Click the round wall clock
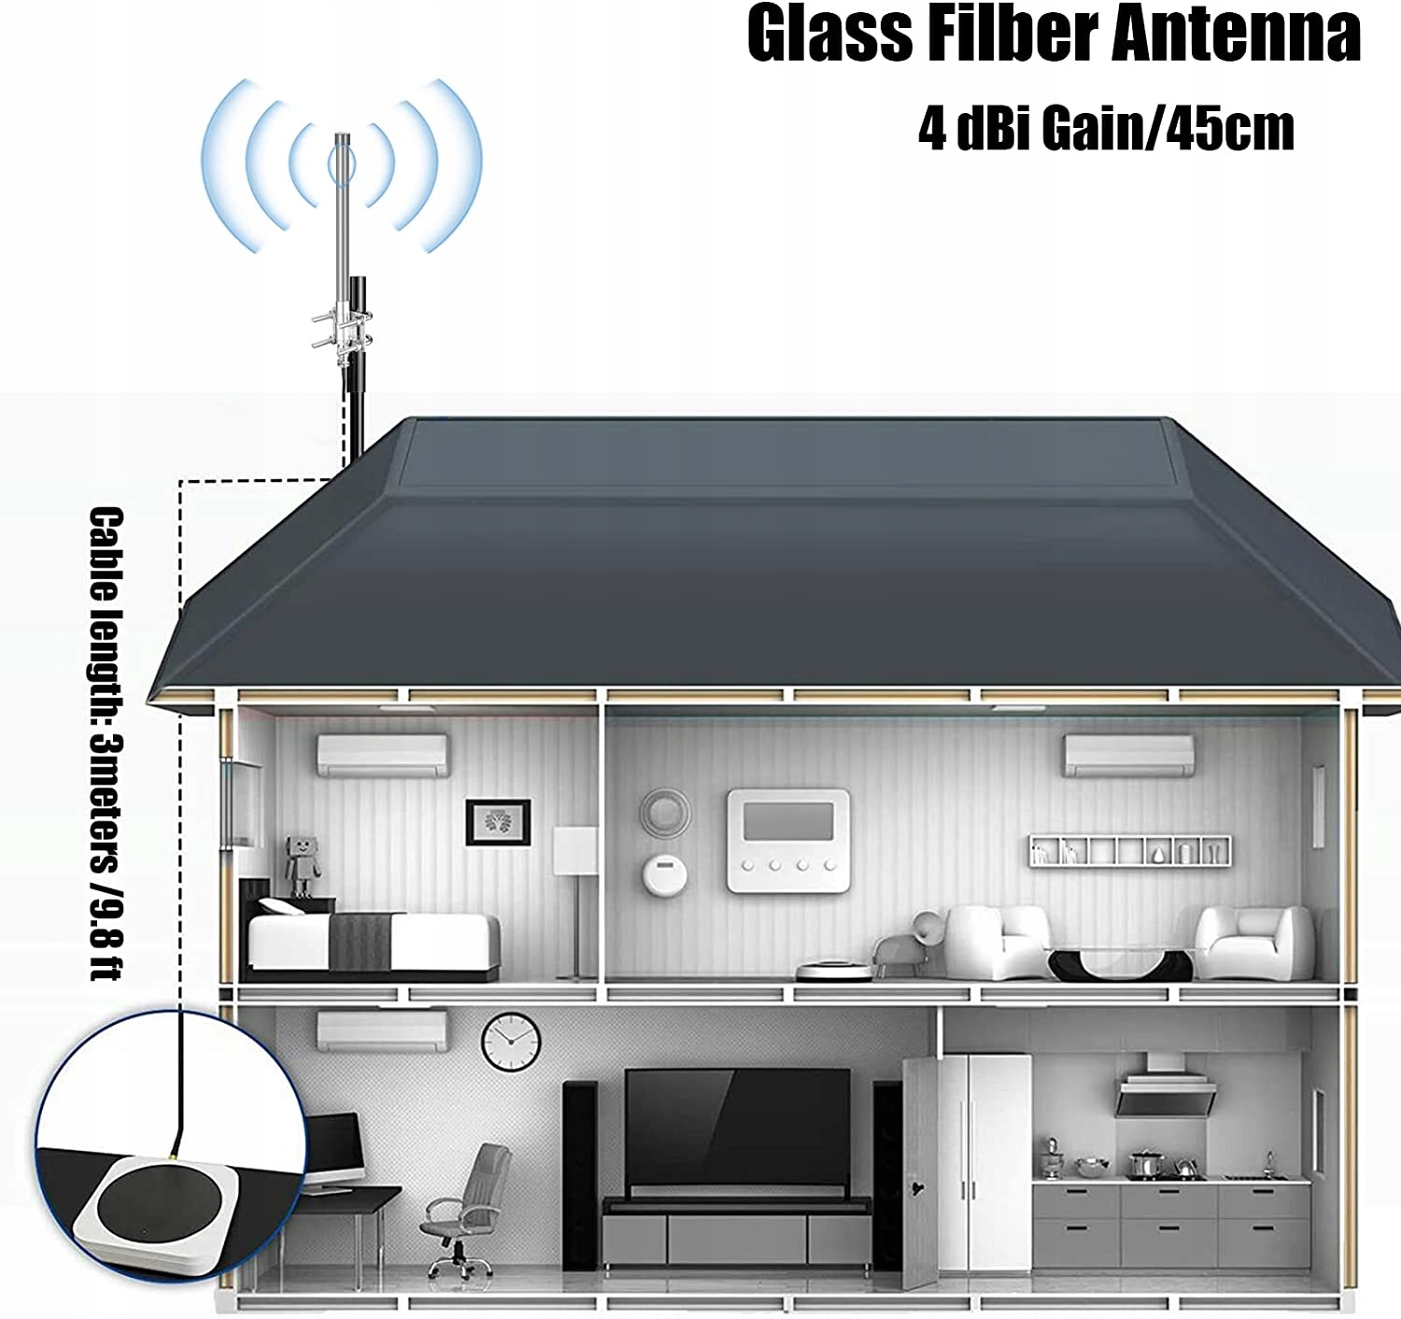[511, 1042]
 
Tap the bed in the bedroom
[374, 938]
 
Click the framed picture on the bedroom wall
[498, 823]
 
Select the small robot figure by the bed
[303, 865]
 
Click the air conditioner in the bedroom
[382, 756]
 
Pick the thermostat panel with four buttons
[788, 841]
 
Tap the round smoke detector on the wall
[664, 874]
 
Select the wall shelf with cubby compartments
[1130, 851]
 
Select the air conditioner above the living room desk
[382, 1030]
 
